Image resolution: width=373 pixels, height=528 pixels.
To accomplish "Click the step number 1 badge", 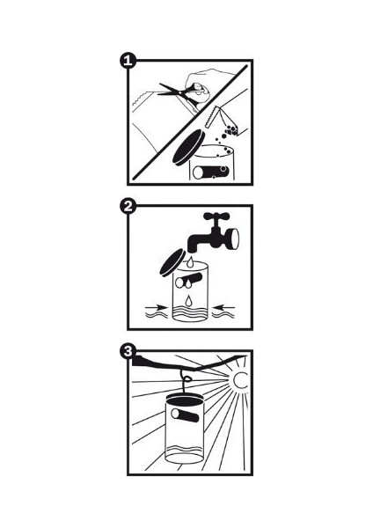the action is pos(128,61).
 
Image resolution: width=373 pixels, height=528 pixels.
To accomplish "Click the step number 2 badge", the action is pos(128,206).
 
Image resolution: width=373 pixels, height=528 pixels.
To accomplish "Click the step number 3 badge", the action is pos(128,351).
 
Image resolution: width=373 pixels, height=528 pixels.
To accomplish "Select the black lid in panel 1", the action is pos(188,147).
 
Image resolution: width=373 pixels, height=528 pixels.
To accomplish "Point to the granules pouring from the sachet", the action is pos(225,138).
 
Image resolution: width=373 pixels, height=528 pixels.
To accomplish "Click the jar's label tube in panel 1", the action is pos(211,172).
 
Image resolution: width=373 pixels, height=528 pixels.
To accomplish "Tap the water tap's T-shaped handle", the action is pos(216,216).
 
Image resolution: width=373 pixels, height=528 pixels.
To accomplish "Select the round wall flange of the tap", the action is pos(232,238).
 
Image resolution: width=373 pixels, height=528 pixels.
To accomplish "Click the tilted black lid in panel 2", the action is pos(172,262).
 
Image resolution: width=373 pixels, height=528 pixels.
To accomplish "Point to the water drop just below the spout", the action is pos(191,261).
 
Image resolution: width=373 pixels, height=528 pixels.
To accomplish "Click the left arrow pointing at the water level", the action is pos(157,307).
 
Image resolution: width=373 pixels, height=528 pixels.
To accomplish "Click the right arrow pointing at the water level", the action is pos(223,306).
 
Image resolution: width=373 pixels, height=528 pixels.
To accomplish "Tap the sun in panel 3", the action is pos(241,381).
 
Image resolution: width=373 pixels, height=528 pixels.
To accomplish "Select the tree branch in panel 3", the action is pos(188,363).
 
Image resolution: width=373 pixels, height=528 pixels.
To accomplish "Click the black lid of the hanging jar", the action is pos(184,400).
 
